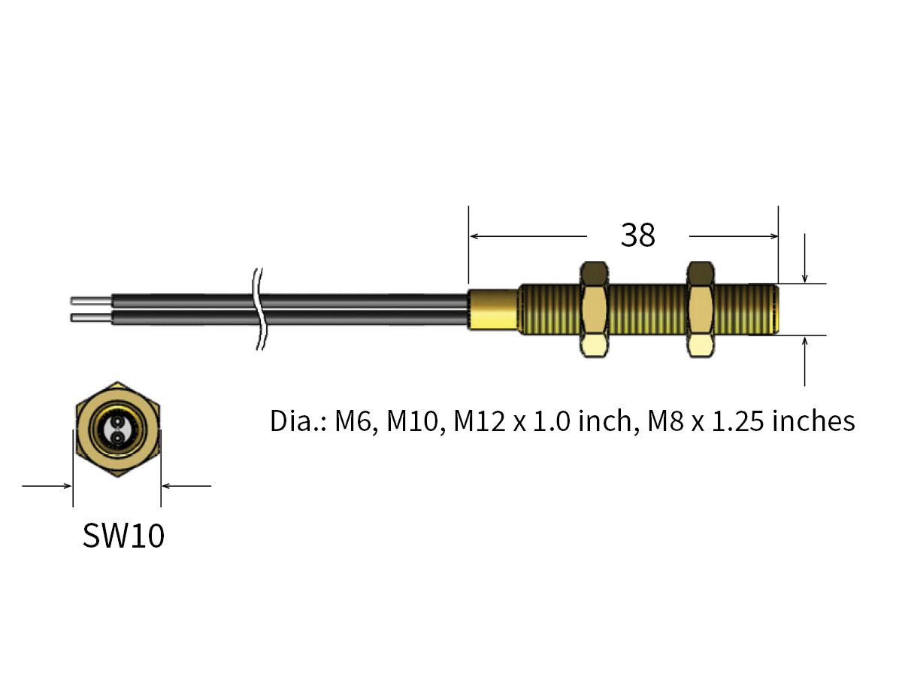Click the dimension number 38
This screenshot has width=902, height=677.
638,235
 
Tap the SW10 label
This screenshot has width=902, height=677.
123,536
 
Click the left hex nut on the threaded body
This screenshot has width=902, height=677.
595,309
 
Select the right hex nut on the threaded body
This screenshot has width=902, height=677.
701,309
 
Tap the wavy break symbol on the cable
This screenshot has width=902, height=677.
260,309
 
